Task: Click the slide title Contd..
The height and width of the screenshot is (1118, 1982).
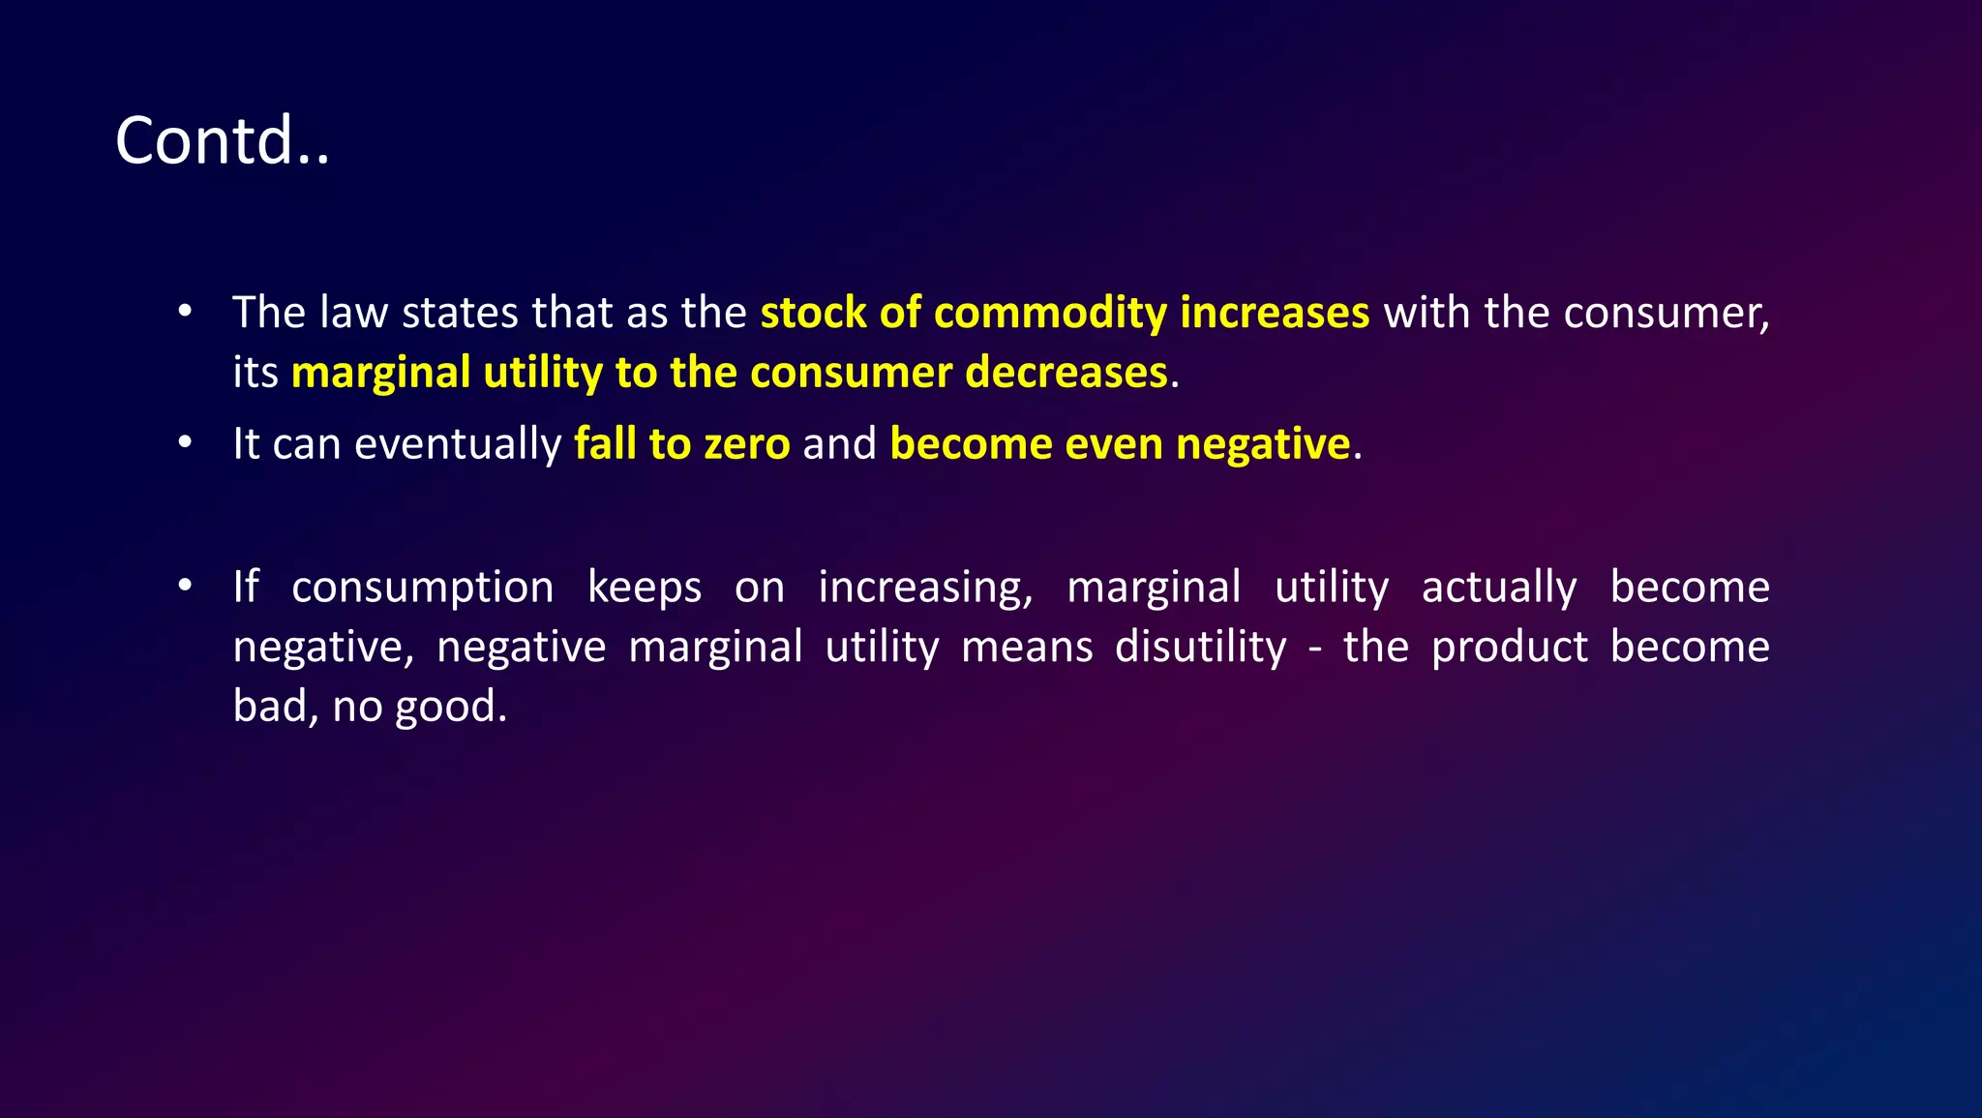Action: pos(222,141)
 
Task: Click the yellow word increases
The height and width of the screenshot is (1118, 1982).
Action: pos(1275,313)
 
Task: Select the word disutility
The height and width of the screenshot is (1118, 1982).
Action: pos(1200,648)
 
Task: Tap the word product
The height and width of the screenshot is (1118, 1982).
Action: pos(1509,648)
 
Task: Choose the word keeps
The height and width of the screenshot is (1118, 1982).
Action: pos(645,588)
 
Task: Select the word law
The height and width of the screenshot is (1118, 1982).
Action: pos(354,313)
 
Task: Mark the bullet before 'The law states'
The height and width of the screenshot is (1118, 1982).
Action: pos(185,313)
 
